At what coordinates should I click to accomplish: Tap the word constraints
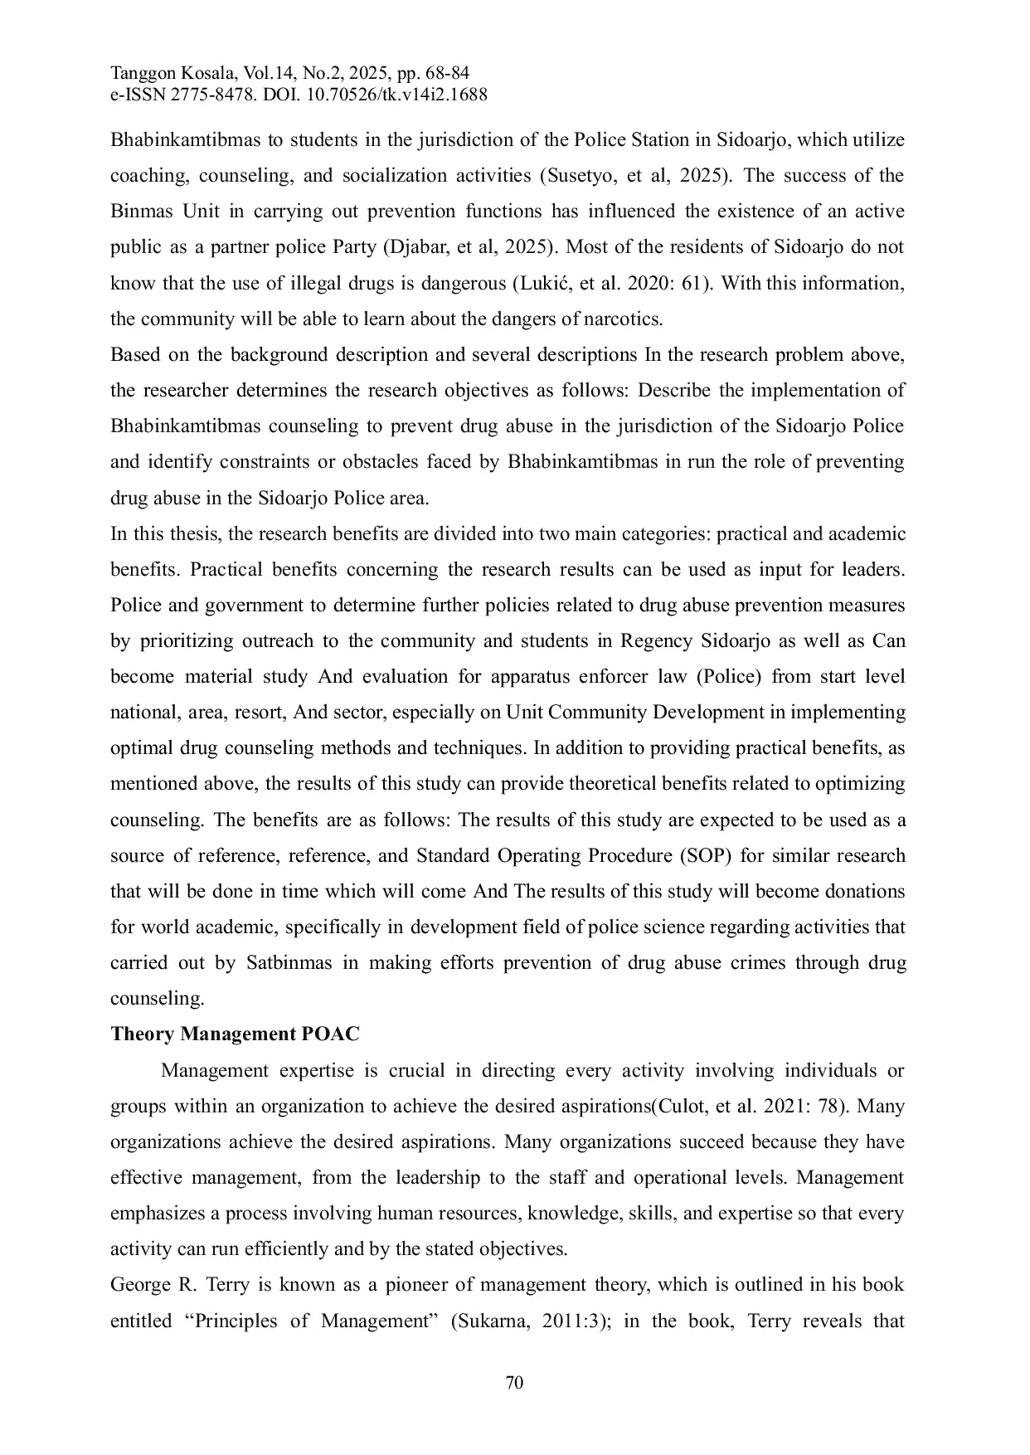pyautogui.click(x=284, y=462)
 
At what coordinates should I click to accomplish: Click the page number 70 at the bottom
pyautogui.click(x=514, y=1383)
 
